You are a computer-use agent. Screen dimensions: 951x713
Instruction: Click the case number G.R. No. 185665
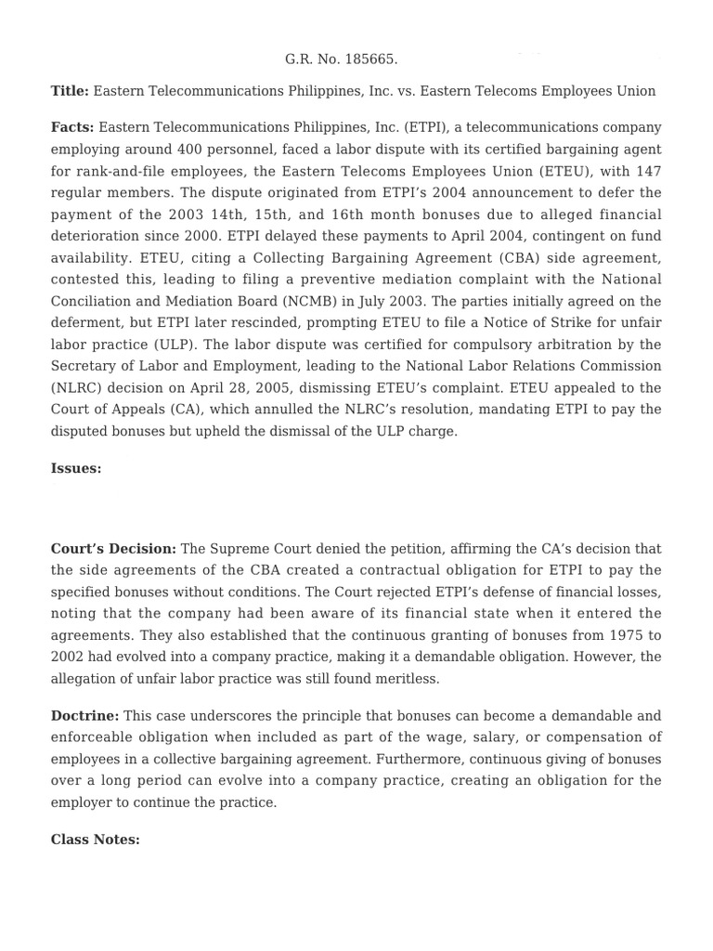[x=341, y=59]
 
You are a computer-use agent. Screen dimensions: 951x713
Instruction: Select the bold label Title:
[x=70, y=91]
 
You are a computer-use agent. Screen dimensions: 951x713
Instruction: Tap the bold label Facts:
[x=72, y=127]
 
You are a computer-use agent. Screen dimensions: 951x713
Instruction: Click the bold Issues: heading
[x=76, y=469]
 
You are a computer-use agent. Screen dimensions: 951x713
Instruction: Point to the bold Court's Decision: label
[x=113, y=549]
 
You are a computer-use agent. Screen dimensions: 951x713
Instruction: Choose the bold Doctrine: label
[x=84, y=716]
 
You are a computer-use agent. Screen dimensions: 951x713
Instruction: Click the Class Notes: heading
[x=95, y=840]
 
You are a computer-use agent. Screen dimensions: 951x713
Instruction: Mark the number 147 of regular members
[x=643, y=171]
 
